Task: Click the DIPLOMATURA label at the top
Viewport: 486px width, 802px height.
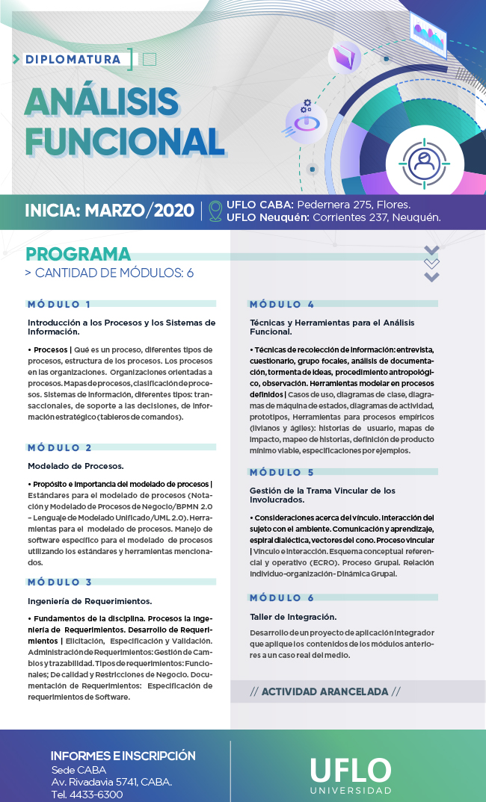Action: (x=73, y=59)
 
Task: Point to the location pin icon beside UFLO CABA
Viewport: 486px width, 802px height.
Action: (x=215, y=211)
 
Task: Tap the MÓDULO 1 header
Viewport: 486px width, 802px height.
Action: (x=60, y=305)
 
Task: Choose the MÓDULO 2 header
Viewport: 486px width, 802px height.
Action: (x=60, y=448)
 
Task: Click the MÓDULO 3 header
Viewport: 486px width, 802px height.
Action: (x=60, y=582)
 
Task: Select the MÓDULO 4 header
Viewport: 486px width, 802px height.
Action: (x=282, y=305)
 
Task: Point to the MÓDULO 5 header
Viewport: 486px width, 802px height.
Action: (x=282, y=473)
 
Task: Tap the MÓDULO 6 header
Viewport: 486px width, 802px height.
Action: (x=282, y=598)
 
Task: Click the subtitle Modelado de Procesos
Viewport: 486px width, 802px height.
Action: (x=66, y=466)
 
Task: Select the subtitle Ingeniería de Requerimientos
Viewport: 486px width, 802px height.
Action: (x=90, y=601)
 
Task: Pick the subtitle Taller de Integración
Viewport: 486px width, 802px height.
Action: (x=293, y=617)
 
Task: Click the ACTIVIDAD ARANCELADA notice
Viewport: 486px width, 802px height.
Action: (x=325, y=691)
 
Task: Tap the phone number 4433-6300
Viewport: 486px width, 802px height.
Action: (x=98, y=795)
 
